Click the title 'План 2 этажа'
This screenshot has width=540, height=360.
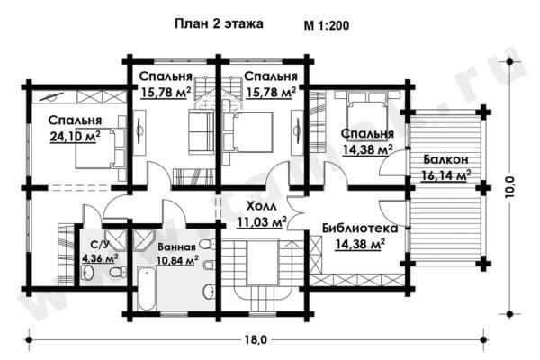(x=219, y=24)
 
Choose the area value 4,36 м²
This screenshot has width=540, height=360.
(x=100, y=258)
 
